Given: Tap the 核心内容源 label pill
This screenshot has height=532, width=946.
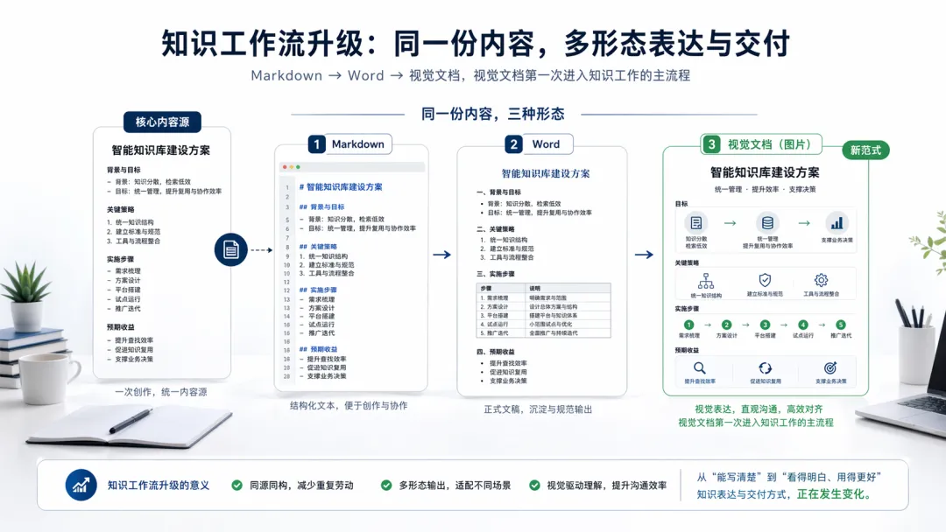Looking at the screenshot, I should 162,122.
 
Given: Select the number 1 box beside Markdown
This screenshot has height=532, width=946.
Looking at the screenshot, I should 315,144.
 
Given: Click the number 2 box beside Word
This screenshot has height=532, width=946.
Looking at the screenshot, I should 513,144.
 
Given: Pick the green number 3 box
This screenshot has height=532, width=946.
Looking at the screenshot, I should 712,144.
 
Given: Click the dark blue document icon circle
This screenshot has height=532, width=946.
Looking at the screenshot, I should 231,250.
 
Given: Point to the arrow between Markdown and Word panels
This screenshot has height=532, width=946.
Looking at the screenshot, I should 441,255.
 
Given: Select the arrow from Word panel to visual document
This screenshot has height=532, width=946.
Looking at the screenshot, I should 644,255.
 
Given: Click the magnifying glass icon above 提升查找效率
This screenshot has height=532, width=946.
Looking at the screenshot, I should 699,368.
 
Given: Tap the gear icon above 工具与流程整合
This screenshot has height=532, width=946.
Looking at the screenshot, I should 821,281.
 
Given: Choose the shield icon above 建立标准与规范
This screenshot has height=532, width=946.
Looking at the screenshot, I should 764,281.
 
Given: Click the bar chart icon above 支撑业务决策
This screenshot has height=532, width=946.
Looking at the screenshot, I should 837,223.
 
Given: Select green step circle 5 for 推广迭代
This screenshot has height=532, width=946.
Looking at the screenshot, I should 841,325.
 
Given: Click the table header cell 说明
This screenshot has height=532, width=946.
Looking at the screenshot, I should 535,288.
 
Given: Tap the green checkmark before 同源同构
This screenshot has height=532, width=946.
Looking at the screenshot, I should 237,485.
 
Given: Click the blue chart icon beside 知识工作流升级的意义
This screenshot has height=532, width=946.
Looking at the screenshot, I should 81,485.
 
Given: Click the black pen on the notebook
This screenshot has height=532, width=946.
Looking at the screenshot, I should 130,421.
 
